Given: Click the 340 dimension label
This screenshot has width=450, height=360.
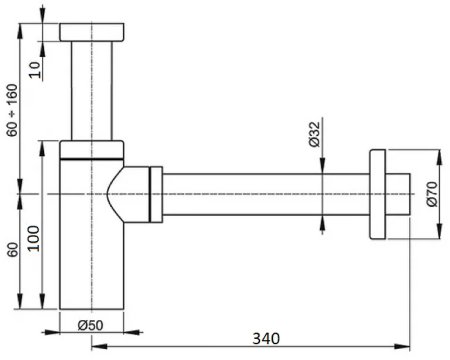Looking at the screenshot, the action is coord(266,338).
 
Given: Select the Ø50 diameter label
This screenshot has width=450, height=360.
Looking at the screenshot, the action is coord(90,325).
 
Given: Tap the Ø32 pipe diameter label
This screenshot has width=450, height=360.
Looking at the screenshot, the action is coord(314,134).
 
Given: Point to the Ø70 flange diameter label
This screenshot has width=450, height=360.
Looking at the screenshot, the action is coord(432,194).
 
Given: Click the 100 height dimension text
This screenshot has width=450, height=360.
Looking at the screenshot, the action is coord(34,239).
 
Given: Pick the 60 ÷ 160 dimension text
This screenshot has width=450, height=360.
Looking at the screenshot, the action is coord(12,110).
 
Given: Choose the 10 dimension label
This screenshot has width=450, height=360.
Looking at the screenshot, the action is coord(35,70).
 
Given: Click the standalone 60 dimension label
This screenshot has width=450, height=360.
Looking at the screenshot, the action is coord(13,250).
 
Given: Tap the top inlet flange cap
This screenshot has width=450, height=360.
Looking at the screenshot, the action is coord(92,32).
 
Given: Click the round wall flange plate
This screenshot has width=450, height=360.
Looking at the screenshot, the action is coord(378,194).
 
